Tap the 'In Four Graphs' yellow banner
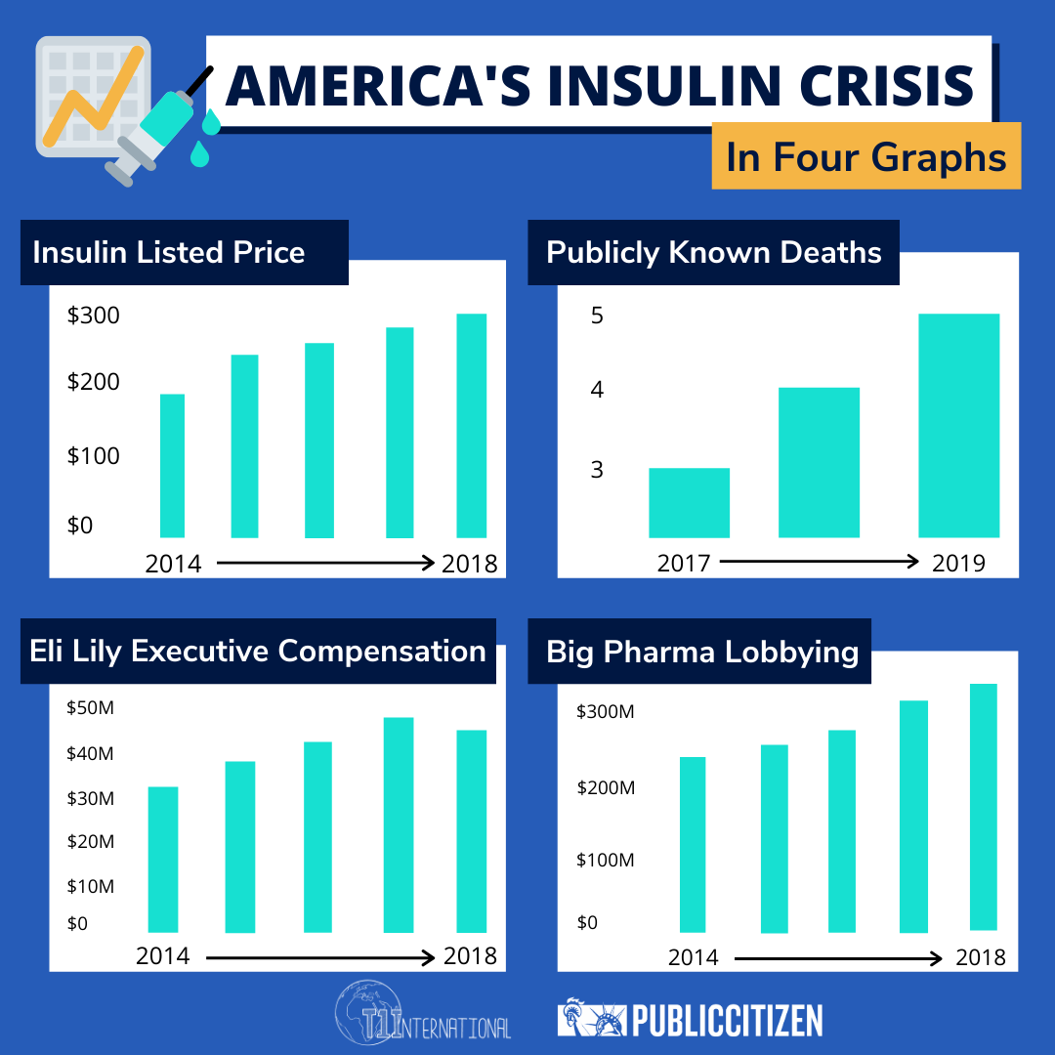(x=865, y=156)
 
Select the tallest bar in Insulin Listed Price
(x=472, y=425)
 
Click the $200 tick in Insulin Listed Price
(x=93, y=381)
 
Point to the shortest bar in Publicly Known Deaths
(x=689, y=502)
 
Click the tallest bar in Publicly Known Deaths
(x=958, y=425)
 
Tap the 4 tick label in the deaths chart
(x=597, y=390)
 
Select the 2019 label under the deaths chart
(x=958, y=563)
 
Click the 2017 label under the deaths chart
(x=684, y=563)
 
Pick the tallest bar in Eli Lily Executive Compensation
(x=398, y=824)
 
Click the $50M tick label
(x=91, y=707)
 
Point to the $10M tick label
(x=91, y=886)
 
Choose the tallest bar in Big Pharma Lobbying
(x=983, y=806)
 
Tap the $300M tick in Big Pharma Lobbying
(x=606, y=711)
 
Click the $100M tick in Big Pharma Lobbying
(x=606, y=860)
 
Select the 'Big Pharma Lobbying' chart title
(x=702, y=652)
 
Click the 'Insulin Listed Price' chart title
(x=169, y=252)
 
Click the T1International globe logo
(x=369, y=1017)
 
